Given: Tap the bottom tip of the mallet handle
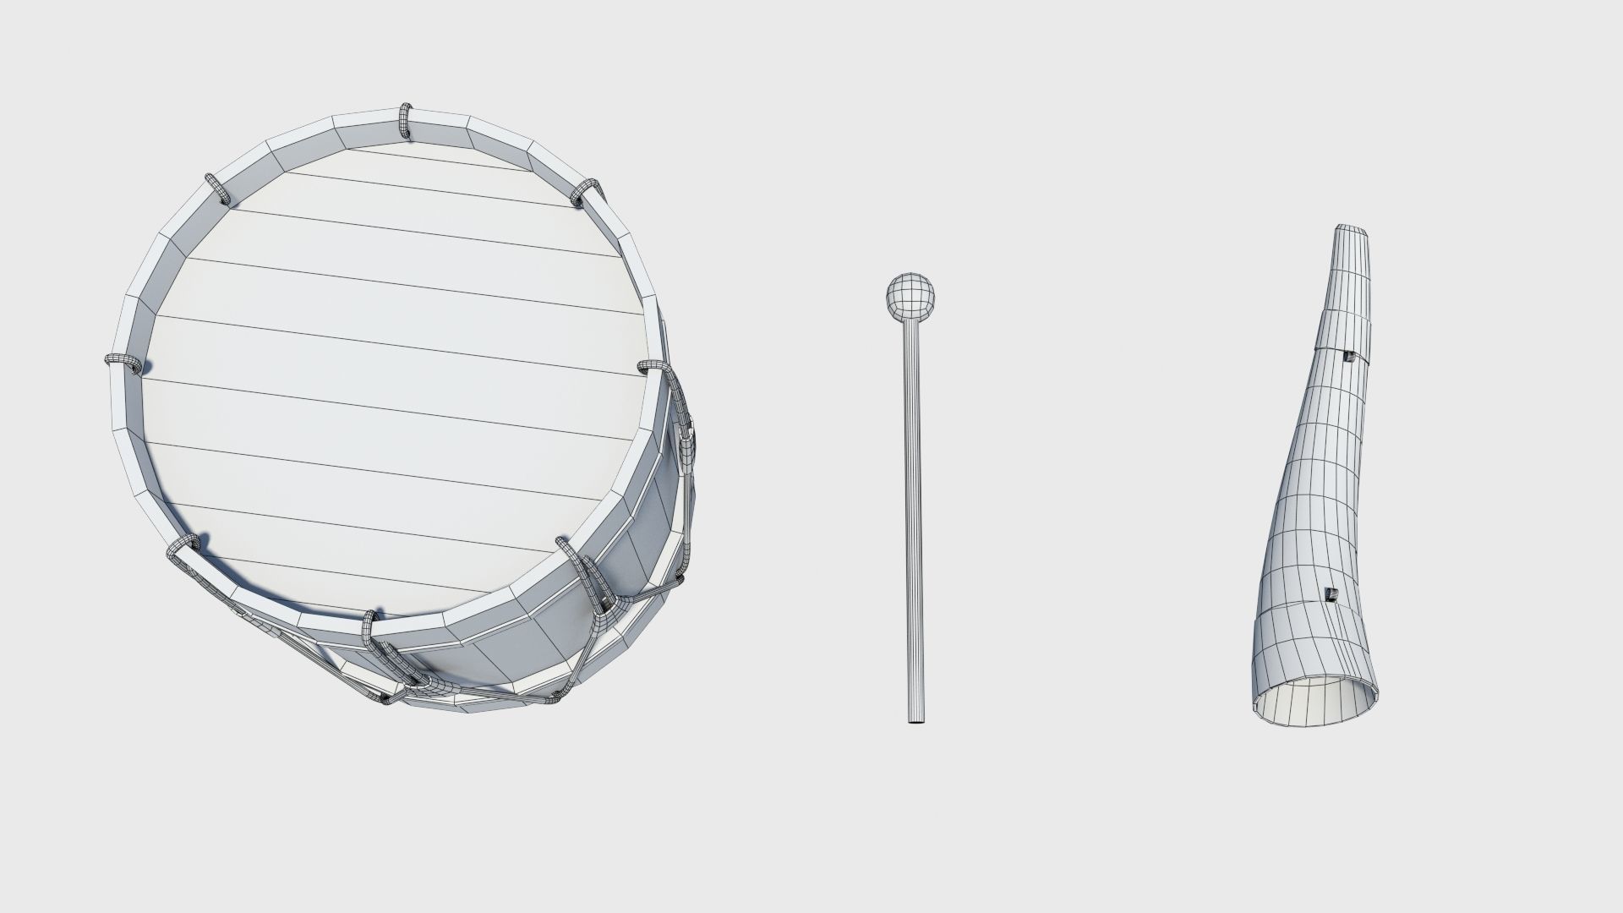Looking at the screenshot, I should pyautogui.click(x=916, y=719).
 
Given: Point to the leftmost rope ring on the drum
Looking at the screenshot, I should pyautogui.click(x=123, y=363).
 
